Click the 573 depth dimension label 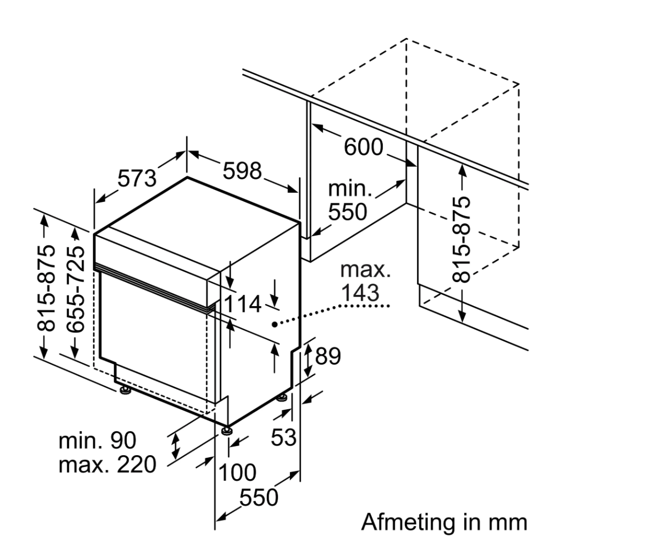(x=137, y=178)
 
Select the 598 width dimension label (x=243, y=170)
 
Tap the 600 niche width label (x=364, y=147)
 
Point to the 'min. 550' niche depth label (x=349, y=201)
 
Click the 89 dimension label (x=328, y=356)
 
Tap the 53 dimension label (x=283, y=437)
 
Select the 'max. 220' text (x=107, y=465)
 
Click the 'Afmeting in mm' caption (x=444, y=522)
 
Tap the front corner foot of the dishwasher (x=227, y=430)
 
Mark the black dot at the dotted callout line (x=274, y=324)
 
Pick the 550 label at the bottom (x=259, y=498)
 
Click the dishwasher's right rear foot (x=282, y=397)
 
